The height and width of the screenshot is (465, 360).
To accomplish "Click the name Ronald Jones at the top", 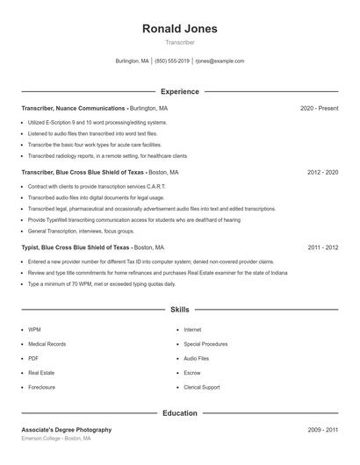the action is click(179, 29).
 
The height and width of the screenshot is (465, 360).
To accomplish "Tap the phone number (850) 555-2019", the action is click(172, 61).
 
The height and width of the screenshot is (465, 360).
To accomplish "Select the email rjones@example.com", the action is click(220, 61).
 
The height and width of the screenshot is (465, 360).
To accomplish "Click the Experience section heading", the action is click(179, 91).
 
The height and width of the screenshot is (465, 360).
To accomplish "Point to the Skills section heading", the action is click(179, 310).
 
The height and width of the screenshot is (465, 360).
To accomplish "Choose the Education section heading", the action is click(179, 412).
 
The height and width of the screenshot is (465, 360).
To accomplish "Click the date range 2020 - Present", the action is click(319, 108).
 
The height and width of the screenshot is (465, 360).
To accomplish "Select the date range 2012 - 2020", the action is click(322, 173).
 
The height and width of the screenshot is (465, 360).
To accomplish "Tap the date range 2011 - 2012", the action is click(322, 248).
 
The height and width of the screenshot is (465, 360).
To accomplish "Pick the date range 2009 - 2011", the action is click(322, 430).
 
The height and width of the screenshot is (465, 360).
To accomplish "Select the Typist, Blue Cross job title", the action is click(76, 248).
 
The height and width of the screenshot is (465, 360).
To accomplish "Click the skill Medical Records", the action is click(47, 344).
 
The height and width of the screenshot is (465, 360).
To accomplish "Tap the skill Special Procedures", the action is click(205, 344).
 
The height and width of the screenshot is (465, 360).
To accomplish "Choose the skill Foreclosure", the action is click(41, 387).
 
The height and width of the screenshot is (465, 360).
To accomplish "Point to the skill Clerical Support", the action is click(202, 387).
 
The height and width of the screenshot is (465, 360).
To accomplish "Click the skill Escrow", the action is click(192, 373).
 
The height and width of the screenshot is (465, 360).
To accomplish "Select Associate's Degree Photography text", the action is click(67, 430).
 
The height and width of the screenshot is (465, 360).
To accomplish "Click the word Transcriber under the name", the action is click(179, 42).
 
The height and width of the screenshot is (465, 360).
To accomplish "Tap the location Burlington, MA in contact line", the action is click(133, 61).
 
